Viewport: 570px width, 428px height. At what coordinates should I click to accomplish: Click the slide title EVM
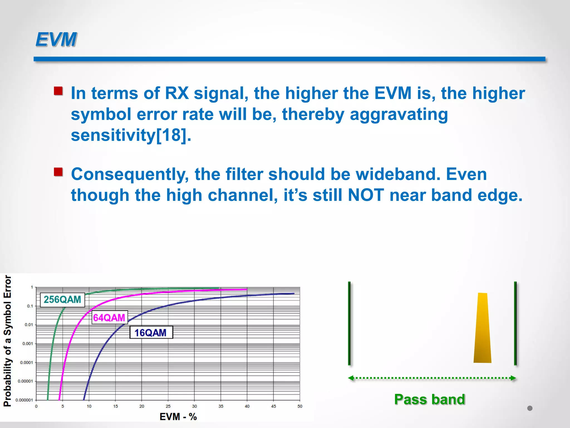coord(56,39)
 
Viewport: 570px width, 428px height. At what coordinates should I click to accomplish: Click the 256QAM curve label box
coord(62,300)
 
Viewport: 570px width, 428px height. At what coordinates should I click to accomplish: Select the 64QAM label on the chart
coord(109,318)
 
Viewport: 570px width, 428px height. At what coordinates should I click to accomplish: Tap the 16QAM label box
coord(151,332)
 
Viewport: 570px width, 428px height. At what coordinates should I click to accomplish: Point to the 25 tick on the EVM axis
coord(168,406)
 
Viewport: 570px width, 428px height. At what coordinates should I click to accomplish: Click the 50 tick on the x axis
coord(300,406)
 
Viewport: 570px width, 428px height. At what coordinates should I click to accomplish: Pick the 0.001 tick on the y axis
coord(28,344)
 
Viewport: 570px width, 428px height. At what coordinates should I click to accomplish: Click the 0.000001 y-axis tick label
coord(24,400)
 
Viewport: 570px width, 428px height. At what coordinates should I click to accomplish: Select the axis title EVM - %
coord(178,417)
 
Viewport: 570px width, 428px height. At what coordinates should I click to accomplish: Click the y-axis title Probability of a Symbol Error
coord(8,341)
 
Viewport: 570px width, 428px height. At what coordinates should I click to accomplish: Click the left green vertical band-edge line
coord(349,323)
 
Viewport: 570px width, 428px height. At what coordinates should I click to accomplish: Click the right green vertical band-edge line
coord(515,323)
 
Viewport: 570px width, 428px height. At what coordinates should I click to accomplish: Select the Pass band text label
coord(429,399)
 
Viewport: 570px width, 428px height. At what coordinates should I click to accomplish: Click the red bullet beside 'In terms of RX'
coord(58,91)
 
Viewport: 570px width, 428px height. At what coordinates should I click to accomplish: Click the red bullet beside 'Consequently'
coord(58,172)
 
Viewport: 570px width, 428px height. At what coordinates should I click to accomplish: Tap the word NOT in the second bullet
coord(366,195)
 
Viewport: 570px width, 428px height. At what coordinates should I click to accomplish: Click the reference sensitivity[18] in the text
coord(131,135)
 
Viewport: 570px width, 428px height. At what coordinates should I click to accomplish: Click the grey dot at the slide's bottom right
coord(530,408)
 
